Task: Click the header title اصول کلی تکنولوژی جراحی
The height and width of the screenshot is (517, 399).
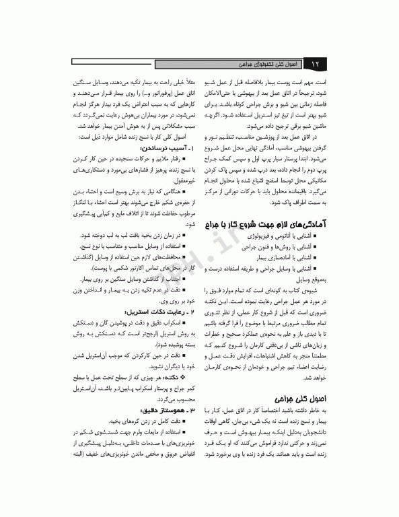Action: tap(268, 65)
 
